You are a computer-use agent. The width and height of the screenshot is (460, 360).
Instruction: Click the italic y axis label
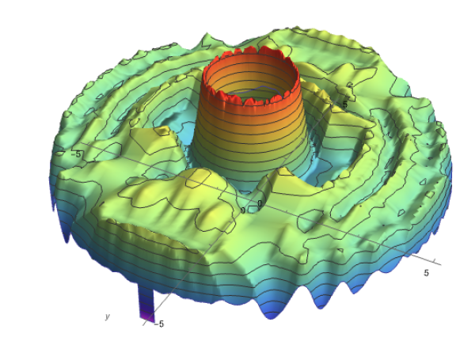click(x=108, y=316)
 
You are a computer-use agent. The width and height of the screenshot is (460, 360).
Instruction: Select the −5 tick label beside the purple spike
click(x=158, y=324)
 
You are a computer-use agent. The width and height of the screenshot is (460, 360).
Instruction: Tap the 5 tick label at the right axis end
click(x=426, y=273)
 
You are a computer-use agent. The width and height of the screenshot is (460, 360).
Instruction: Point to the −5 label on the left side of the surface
click(x=76, y=154)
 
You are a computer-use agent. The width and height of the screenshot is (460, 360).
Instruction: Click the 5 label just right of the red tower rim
click(x=344, y=104)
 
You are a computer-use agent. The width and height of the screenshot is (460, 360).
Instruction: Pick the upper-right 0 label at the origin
click(x=260, y=203)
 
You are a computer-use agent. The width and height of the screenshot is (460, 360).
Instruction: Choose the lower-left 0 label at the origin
click(x=242, y=210)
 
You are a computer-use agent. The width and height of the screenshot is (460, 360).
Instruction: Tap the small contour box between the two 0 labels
click(x=252, y=209)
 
